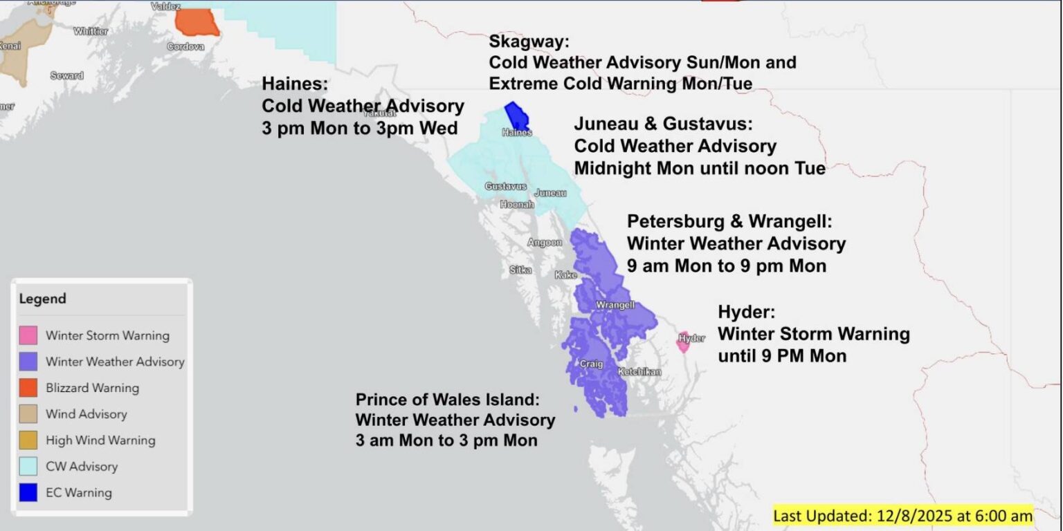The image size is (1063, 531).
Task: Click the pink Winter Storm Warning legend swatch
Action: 28,336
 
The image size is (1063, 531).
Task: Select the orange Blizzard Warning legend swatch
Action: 28,388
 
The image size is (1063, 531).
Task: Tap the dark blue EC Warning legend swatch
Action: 28,493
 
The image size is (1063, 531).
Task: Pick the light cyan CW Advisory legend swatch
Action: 28,467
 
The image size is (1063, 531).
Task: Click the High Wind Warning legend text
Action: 100,440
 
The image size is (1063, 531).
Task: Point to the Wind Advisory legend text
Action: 86,414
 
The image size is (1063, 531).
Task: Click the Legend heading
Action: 43,299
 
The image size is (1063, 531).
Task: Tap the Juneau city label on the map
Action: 550,193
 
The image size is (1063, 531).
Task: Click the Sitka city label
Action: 520,270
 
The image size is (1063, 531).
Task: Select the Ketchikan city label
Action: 639,372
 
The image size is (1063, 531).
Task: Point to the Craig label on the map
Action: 591,364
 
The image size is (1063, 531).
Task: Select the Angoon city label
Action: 545,243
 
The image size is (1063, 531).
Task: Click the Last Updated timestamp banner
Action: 902,516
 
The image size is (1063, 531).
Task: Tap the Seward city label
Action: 66,75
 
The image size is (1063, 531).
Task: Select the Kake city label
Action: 565,275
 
